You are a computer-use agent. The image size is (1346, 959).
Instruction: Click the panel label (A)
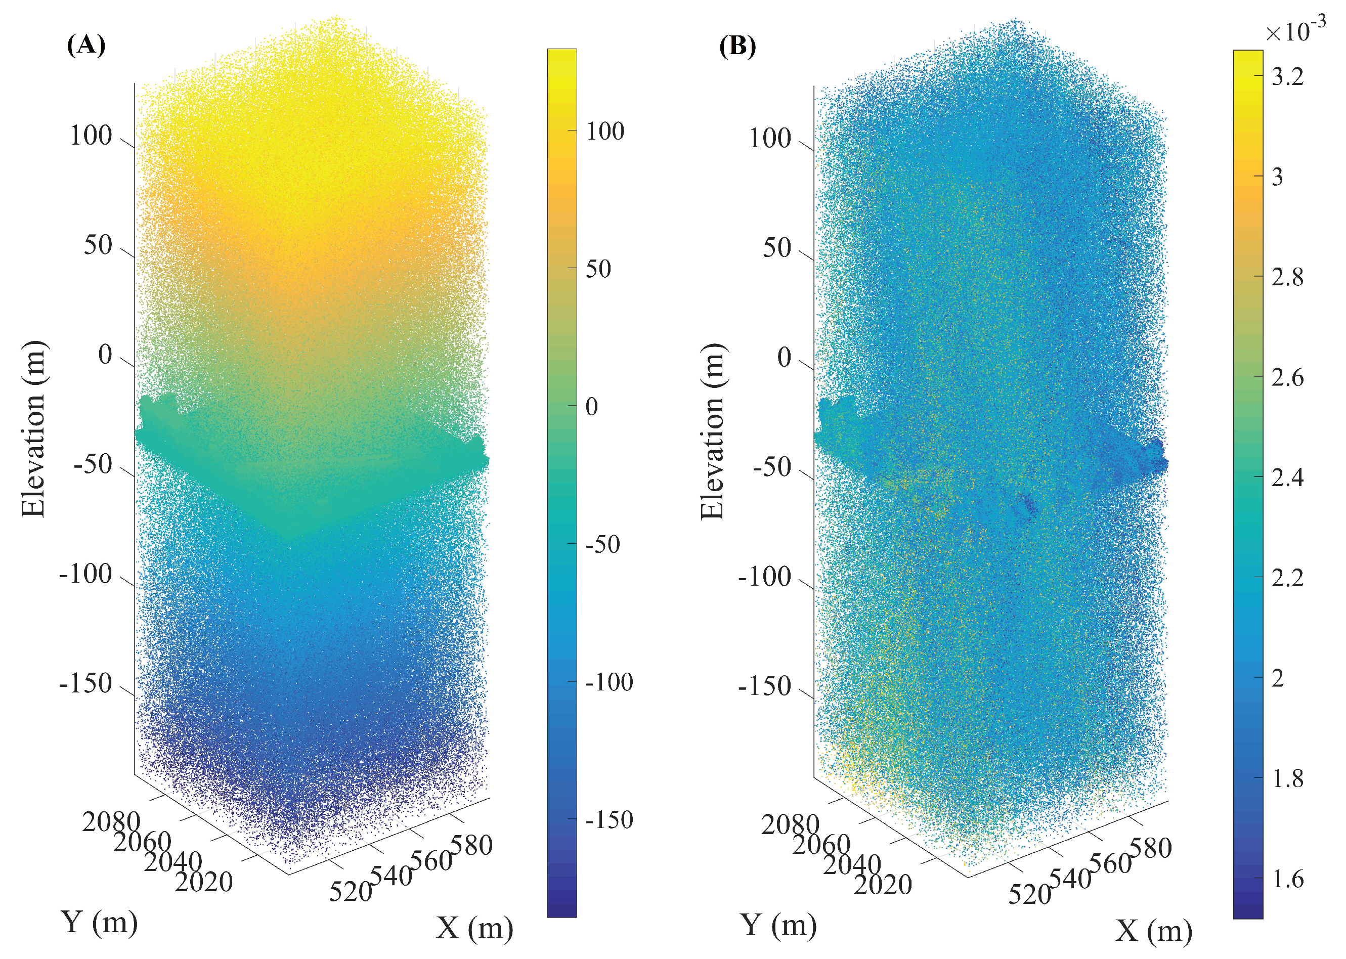tap(86, 45)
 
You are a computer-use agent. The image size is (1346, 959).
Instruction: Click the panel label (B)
tap(737, 46)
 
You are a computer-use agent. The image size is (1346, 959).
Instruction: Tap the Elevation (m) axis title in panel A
tap(34, 429)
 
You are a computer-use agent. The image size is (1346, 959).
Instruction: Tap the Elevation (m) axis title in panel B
tap(713, 431)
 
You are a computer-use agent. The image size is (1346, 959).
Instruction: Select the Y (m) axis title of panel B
tap(778, 924)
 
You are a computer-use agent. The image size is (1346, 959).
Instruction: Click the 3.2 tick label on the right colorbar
tap(1287, 76)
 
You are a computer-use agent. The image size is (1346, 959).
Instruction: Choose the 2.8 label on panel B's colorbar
tap(1287, 276)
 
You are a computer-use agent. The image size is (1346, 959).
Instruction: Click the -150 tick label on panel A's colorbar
tap(609, 819)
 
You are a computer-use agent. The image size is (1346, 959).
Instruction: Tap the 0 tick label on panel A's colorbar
tap(591, 406)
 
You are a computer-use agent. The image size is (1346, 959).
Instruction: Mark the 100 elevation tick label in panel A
tap(91, 136)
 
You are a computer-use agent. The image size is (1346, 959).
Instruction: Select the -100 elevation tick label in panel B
tap(764, 576)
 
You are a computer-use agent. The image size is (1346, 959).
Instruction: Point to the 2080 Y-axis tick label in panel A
tap(111, 821)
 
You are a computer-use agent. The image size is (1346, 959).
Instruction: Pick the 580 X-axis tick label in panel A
tap(471, 845)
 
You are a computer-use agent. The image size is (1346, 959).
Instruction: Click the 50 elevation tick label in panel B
tap(776, 248)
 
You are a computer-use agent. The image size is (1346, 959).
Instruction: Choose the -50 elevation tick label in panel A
tap(93, 465)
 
